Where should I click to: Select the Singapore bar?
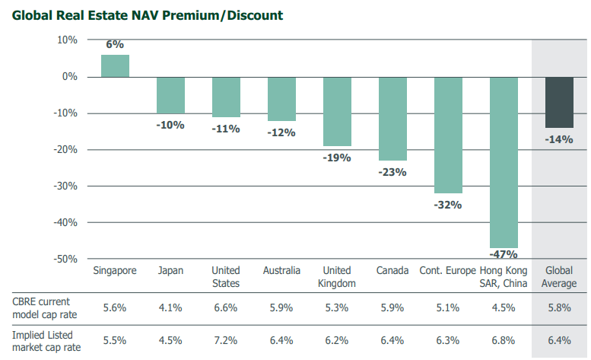(115, 66)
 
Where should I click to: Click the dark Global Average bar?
(559, 102)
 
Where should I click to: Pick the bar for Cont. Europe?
(448, 135)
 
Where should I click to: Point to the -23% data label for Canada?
(392, 172)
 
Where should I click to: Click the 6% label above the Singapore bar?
(115, 45)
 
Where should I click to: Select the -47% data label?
(504, 254)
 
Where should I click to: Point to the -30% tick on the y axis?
(68, 186)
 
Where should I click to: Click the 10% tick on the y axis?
(68, 40)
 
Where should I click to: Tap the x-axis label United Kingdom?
(337, 277)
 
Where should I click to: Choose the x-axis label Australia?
(281, 271)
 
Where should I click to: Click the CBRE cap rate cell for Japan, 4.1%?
(170, 308)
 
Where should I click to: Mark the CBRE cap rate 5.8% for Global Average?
(559, 308)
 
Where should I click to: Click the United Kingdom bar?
(337, 111)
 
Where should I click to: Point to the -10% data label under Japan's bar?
(170, 125)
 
